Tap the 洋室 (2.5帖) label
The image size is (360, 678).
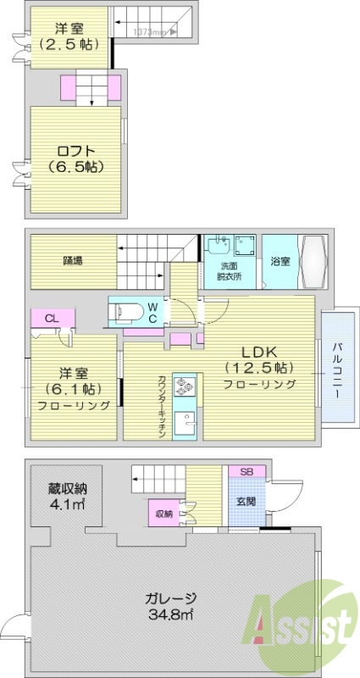[67, 36]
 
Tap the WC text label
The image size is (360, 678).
[153, 311]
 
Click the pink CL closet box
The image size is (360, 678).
[51, 319]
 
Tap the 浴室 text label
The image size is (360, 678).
[280, 261]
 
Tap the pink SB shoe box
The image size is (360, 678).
[246, 471]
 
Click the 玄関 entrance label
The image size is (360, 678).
[246, 501]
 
